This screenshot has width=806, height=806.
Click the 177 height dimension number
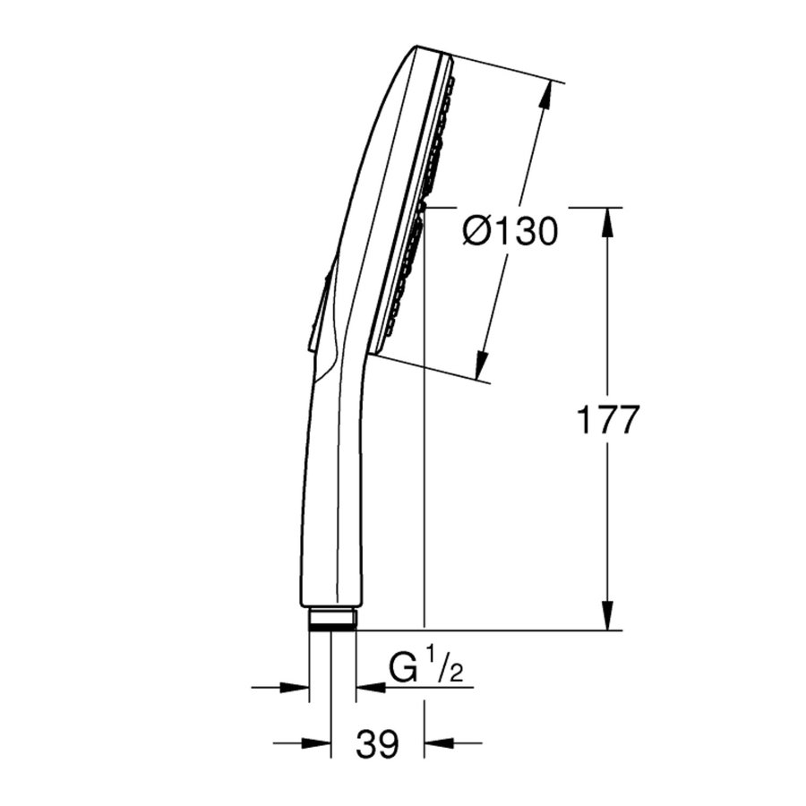608,420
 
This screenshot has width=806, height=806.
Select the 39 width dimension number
376,744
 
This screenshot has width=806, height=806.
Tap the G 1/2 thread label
426,668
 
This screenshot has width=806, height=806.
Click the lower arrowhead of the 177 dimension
608,616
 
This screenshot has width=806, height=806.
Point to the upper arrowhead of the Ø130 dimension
544,96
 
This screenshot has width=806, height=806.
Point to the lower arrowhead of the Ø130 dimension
482,362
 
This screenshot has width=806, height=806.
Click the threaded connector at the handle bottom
332,619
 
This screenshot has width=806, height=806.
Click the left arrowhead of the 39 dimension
319,742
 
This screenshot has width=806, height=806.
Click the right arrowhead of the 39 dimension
437,742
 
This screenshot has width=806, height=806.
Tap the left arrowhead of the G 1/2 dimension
296,688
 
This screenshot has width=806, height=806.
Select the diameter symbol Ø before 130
476,232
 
